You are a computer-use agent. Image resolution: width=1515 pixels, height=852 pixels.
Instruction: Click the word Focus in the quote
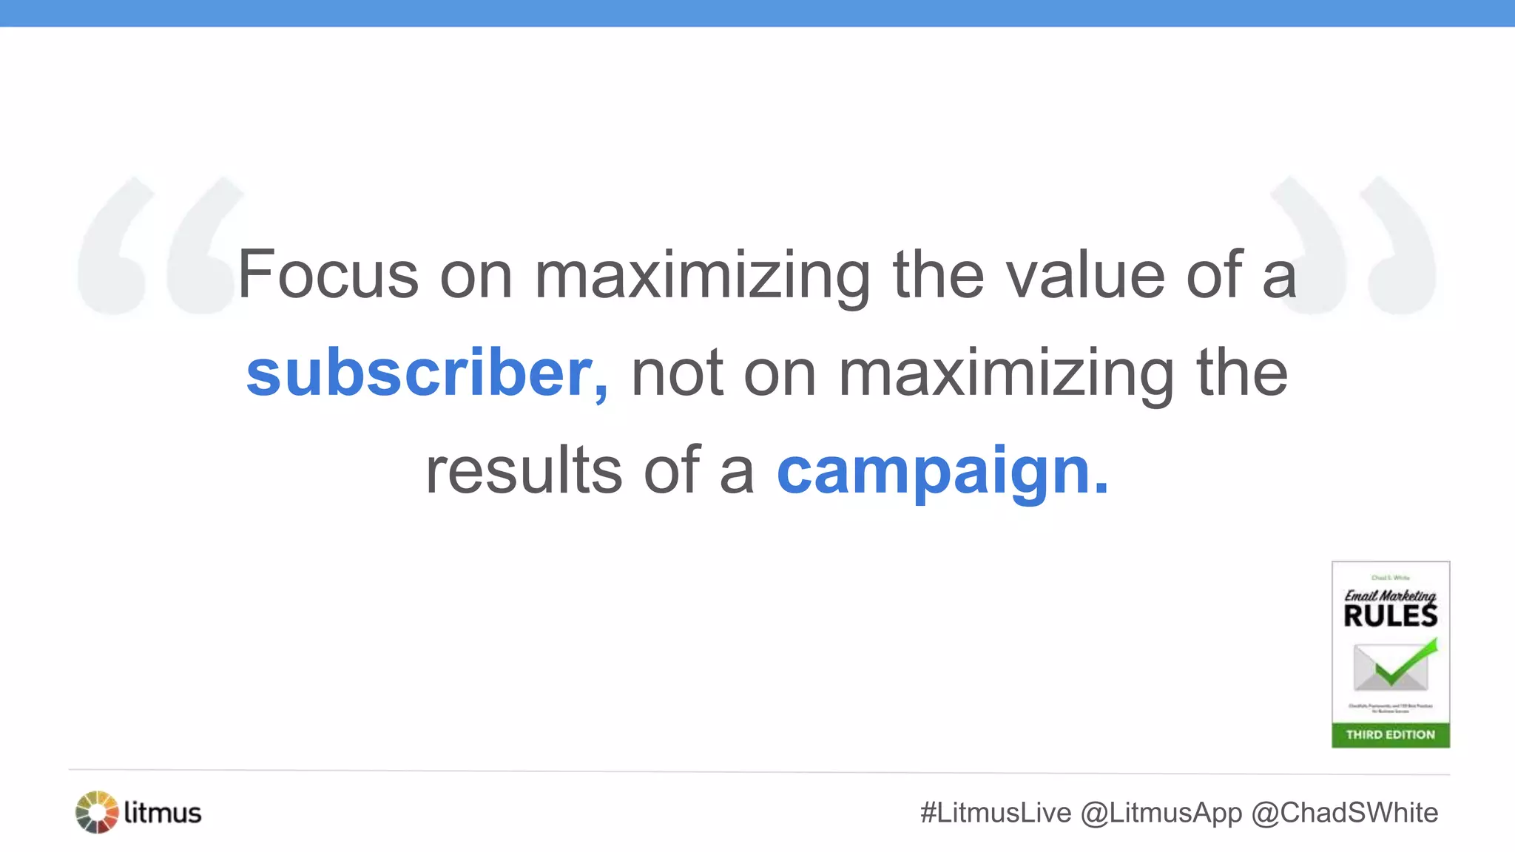[328, 274]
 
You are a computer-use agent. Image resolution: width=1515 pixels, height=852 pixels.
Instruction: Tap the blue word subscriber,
[427, 373]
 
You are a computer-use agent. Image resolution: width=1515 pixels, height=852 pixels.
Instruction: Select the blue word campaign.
[942, 471]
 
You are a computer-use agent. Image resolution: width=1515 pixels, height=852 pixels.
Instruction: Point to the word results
[524, 471]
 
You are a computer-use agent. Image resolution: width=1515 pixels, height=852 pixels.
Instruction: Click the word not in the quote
[676, 373]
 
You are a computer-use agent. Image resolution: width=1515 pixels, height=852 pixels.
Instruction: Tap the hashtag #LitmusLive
[995, 813]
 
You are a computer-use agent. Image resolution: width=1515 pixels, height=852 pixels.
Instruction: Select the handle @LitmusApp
[1161, 813]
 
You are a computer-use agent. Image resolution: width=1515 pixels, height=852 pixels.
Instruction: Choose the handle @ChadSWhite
[1344, 813]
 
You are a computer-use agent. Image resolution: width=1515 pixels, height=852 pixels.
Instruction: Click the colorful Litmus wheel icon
[97, 812]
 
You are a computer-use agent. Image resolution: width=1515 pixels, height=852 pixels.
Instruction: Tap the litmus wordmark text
[163, 812]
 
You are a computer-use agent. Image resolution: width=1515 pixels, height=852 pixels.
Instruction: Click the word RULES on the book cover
[1390, 615]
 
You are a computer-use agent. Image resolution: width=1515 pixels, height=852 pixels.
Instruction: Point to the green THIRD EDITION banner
[1390, 734]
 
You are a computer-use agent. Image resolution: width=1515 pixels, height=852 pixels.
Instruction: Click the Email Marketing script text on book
[1390, 595]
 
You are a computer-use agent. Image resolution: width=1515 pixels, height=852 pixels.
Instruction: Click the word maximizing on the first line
[702, 274]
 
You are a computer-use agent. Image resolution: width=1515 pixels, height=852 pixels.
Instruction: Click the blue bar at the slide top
[757, 13]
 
